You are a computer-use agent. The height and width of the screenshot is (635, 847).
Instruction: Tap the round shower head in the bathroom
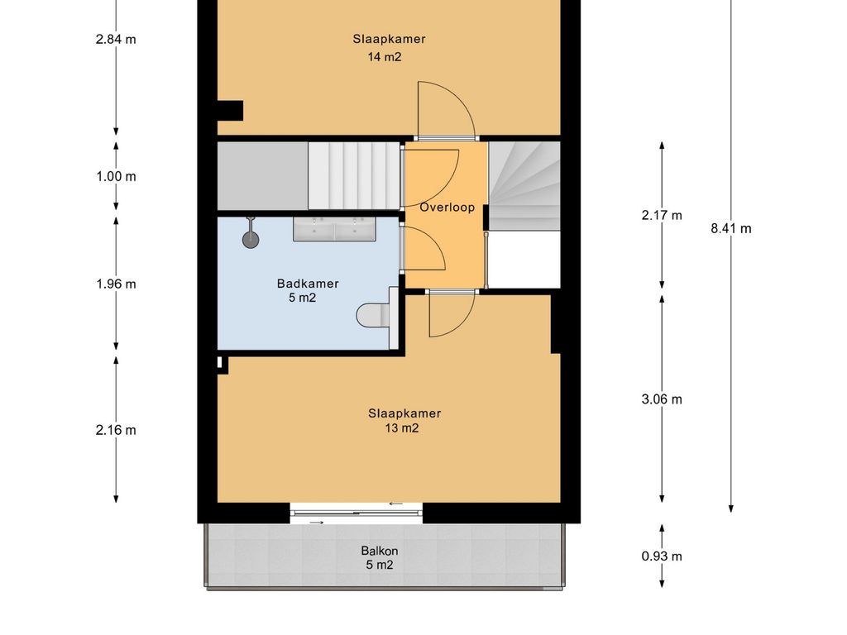click(251, 239)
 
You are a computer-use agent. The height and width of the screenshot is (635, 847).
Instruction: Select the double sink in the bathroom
click(334, 229)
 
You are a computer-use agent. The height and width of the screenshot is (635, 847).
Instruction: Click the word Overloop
click(447, 208)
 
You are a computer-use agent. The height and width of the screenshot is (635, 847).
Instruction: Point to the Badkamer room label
click(308, 284)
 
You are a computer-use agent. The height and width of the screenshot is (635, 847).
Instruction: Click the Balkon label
click(379, 551)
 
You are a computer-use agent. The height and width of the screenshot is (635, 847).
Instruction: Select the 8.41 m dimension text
click(731, 228)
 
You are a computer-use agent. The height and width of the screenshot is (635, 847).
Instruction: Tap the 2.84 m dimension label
click(116, 39)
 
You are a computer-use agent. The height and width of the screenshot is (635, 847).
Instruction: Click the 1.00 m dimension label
click(116, 177)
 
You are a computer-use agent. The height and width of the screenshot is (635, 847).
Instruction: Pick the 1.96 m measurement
click(116, 284)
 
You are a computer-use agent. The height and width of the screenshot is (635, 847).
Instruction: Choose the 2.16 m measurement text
click(116, 430)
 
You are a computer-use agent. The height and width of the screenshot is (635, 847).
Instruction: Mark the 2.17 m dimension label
click(662, 216)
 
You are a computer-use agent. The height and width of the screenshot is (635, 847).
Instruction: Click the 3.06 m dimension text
click(662, 399)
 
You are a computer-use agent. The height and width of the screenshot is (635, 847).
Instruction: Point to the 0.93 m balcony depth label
click(662, 556)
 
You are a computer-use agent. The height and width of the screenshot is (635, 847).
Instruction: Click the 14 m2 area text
click(385, 57)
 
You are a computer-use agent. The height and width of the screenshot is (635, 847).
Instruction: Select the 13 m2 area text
click(402, 428)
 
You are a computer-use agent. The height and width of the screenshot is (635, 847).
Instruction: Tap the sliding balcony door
click(357, 513)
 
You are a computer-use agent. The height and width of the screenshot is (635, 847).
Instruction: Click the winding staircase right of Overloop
click(524, 186)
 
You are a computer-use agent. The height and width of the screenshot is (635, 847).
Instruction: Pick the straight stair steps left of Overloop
click(354, 175)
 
